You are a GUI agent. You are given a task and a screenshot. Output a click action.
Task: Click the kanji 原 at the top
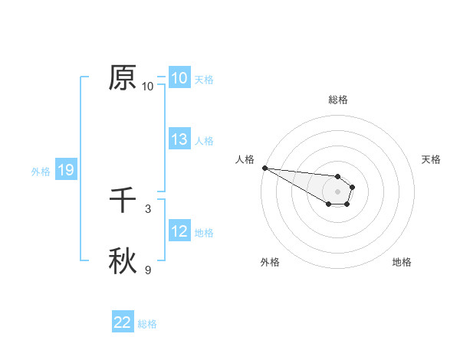coord(123,77)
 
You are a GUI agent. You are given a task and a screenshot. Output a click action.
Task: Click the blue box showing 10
coord(179,78)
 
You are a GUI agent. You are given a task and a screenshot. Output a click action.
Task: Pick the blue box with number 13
coord(179,139)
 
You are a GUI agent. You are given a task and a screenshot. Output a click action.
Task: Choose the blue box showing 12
coord(179,231)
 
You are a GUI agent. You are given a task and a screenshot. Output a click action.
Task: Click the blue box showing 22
coord(123,322)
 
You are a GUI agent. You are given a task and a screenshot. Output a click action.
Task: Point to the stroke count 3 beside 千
coord(148,208)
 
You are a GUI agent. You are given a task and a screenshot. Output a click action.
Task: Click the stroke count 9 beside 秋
coord(148,270)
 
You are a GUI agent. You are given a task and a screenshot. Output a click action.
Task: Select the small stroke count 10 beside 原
coord(148,87)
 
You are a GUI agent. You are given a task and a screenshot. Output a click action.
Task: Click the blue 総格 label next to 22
coord(147,324)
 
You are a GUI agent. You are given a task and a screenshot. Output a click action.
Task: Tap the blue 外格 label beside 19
coord(41,172)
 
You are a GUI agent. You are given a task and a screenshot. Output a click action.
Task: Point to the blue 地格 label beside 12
coord(204,233)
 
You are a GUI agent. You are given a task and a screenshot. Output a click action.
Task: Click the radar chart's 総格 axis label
coord(337,100)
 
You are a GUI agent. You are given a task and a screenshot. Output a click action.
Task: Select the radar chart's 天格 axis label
coord(432,159)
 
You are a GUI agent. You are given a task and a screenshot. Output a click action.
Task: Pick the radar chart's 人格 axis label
coord(245,159)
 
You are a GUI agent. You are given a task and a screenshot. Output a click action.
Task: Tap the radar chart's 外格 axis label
coord(270,262)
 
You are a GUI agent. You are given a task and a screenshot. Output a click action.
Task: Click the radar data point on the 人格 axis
coord(264,168)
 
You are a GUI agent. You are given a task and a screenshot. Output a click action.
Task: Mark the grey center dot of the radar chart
coord(337,191)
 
